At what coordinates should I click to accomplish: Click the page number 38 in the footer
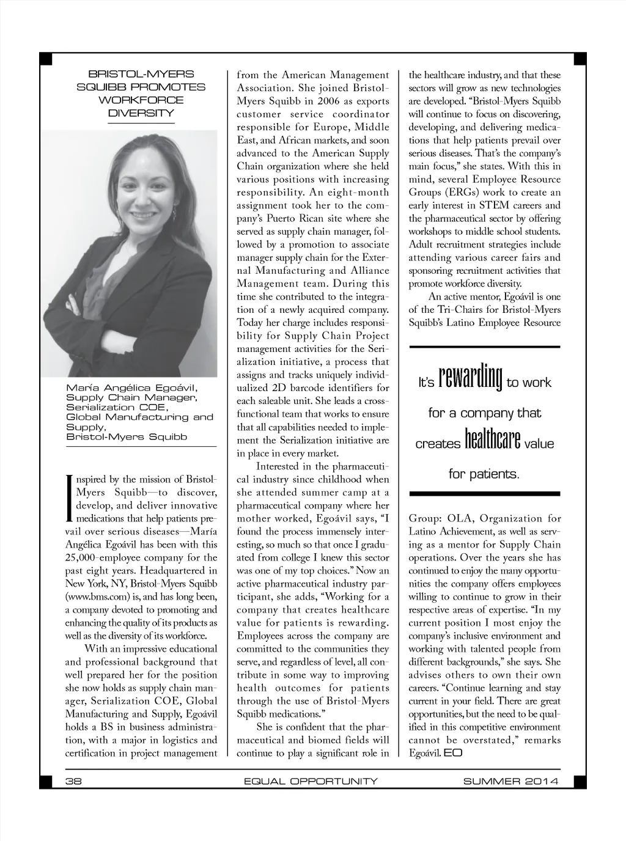[73, 780]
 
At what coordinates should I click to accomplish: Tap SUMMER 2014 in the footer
[510, 780]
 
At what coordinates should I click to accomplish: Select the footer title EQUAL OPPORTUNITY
[311, 780]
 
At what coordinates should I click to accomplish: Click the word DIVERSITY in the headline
[141, 113]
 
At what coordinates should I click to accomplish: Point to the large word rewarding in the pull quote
[470, 378]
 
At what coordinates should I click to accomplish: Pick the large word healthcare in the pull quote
[492, 439]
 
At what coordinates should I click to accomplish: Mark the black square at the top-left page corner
[46, 59]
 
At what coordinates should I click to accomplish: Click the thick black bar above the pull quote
[484, 347]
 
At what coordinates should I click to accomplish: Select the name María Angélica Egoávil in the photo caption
[131, 388]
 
